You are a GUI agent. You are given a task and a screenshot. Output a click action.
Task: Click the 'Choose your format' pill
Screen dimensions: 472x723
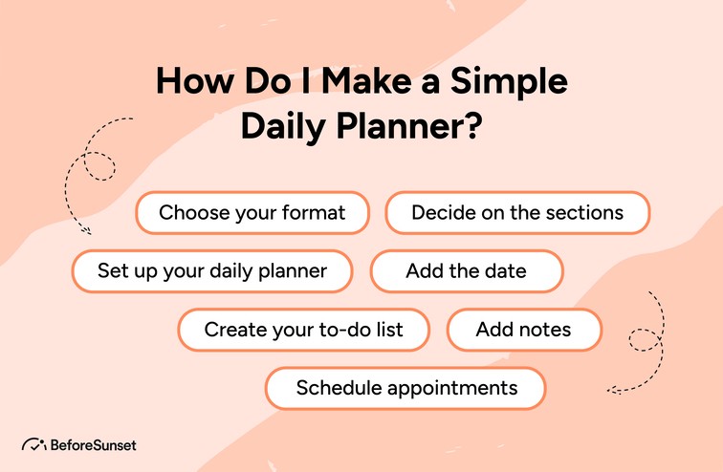[252, 212]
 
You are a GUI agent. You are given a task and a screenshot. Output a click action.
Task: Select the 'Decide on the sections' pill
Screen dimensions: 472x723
[517, 212]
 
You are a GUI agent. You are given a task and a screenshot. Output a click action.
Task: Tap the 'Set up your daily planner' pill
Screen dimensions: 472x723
[212, 271]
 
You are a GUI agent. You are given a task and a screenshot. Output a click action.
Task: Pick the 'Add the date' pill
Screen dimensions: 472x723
[466, 271]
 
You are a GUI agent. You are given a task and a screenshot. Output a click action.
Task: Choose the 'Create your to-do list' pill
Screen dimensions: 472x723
[303, 330]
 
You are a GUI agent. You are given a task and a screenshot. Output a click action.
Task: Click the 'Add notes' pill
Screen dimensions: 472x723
[523, 330]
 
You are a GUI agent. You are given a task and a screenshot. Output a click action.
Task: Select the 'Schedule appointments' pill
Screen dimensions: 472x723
[405, 388]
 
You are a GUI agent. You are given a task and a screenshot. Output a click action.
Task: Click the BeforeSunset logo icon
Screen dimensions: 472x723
[33, 445]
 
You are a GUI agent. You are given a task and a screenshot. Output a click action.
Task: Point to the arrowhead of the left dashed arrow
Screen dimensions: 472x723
[86, 229]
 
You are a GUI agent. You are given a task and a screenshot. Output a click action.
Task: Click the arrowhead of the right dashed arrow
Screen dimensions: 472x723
[612, 389]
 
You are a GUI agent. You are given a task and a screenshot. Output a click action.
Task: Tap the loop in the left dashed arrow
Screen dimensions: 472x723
[96, 162]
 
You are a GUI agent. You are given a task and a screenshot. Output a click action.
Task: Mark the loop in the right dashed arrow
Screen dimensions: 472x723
[639, 339]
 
